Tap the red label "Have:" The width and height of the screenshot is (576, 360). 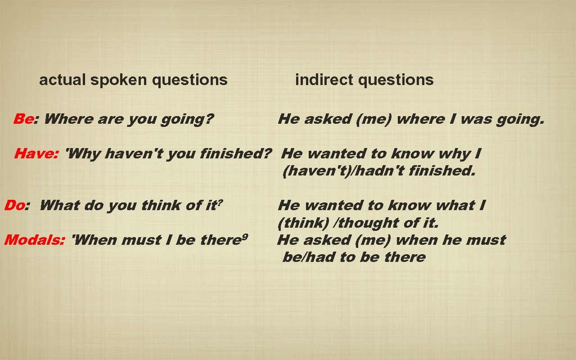[x=36, y=154]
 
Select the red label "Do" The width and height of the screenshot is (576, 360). [x=14, y=206]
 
